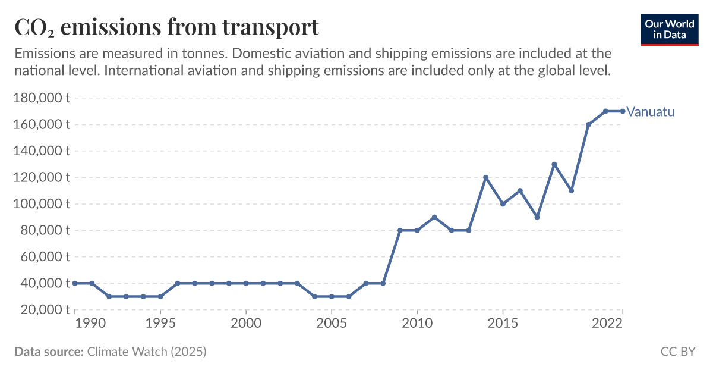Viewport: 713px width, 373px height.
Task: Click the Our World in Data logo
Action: point(669,28)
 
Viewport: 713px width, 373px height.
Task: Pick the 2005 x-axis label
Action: point(331,323)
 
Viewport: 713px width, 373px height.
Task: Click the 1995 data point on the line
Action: point(160,296)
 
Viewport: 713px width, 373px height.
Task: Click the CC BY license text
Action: point(677,352)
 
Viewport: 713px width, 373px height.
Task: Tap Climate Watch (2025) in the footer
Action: point(147,352)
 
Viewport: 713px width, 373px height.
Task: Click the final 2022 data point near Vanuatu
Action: point(623,111)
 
